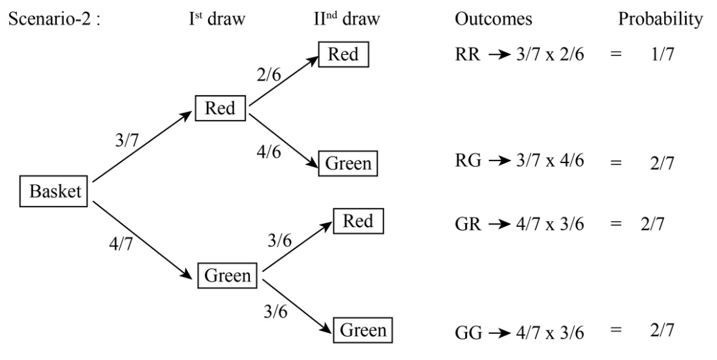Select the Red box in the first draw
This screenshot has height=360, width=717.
pos(220,109)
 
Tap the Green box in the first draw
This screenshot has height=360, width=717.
pos(228,275)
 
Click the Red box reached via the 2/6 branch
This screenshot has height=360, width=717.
pos(344,54)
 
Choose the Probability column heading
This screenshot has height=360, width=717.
pos(660,21)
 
